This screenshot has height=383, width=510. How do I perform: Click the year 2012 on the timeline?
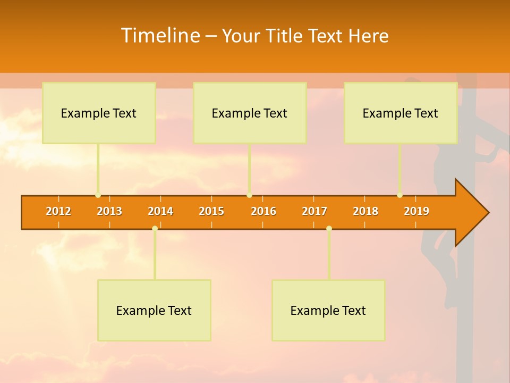point(58,211)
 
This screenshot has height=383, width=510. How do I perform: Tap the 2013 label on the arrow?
point(109,211)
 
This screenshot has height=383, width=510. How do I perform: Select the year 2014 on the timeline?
point(160,211)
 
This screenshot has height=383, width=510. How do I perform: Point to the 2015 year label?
point(211,211)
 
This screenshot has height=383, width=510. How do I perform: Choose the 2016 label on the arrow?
point(263,211)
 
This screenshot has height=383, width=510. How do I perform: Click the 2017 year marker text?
point(314,211)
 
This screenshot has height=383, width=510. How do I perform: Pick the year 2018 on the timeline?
point(365,211)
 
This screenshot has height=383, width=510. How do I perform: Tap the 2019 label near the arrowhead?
point(416,211)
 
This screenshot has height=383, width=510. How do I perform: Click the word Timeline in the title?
point(159,36)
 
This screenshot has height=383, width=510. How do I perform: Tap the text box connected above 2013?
point(99,113)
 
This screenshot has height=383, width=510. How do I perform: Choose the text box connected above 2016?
point(250,113)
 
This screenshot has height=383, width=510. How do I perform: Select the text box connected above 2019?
point(401,113)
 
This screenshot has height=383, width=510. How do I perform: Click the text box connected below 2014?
point(154,310)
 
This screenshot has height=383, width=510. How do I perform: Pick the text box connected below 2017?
point(328,310)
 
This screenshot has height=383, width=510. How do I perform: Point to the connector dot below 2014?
point(155,228)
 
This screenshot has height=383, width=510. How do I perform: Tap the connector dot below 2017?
point(329,228)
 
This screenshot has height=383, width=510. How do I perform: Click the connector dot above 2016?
point(249,195)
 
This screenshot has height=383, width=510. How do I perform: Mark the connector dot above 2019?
point(399,195)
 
